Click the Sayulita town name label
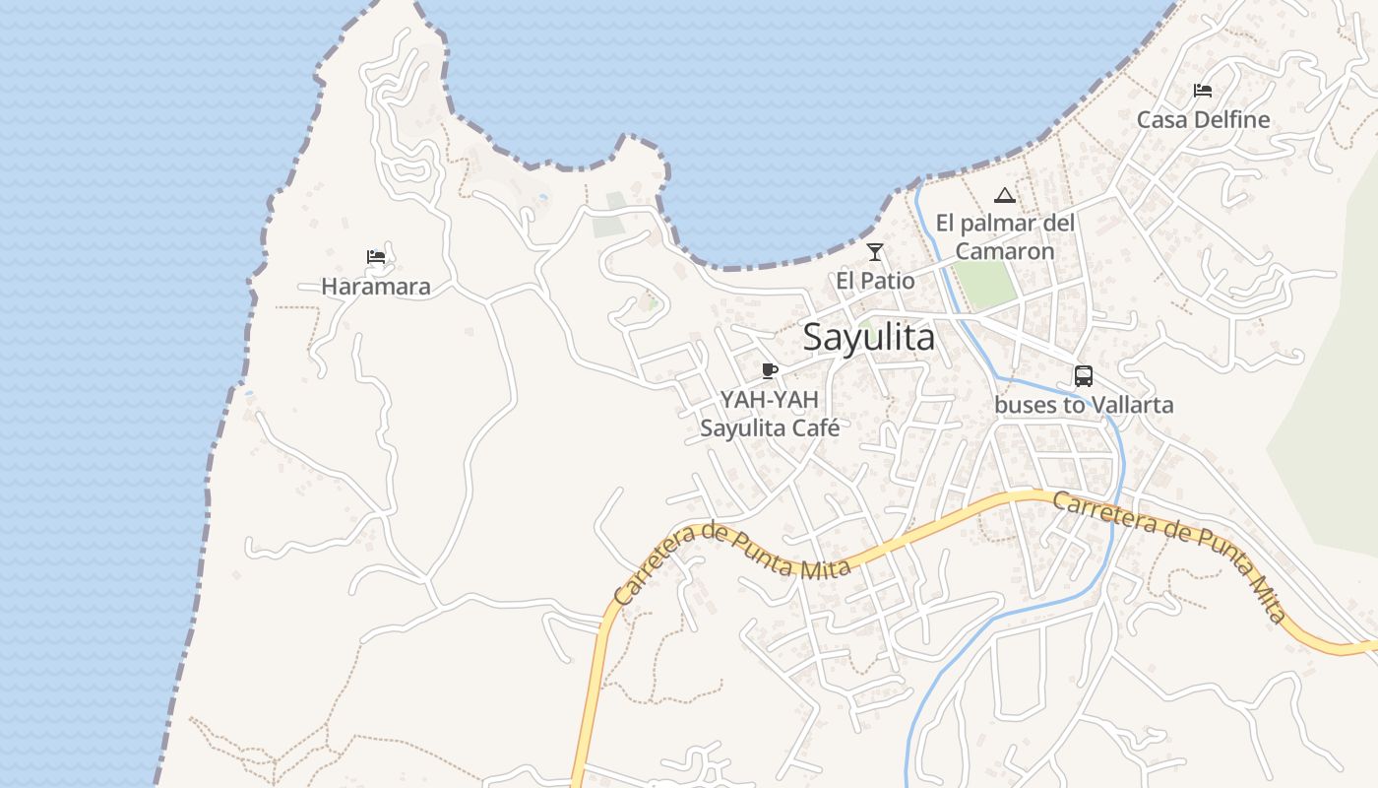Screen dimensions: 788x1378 pos(869,337)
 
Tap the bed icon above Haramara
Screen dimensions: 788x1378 pos(376,258)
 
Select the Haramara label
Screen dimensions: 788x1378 pos(376,287)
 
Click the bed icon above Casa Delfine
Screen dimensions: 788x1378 pos(1203,91)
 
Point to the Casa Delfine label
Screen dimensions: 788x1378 pos(1203,119)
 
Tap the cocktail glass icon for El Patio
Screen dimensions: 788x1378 pos(875,252)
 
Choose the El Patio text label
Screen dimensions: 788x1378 pos(875,281)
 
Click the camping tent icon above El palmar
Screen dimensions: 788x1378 pos(1004,195)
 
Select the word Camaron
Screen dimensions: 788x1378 pos(1005,251)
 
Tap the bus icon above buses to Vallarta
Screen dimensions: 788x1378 pos(1084,375)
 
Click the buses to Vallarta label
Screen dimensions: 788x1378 pos(1084,405)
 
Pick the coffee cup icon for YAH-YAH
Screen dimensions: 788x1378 pos(770,370)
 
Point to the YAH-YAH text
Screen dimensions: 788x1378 pos(770,400)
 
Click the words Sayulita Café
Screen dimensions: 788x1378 pos(770,428)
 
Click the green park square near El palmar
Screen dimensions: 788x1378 pos(985,283)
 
